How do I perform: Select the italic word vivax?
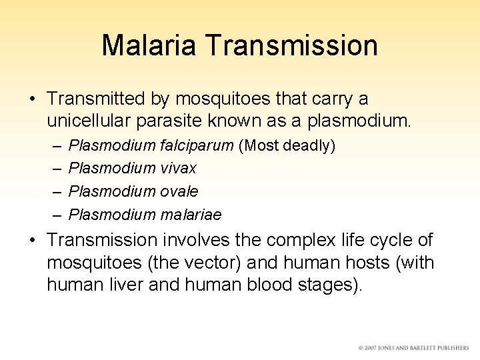(x=179, y=168)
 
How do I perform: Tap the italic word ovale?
(x=180, y=191)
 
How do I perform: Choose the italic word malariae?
(x=191, y=215)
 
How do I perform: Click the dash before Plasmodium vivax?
(x=55, y=169)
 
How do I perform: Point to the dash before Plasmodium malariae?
(x=55, y=215)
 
